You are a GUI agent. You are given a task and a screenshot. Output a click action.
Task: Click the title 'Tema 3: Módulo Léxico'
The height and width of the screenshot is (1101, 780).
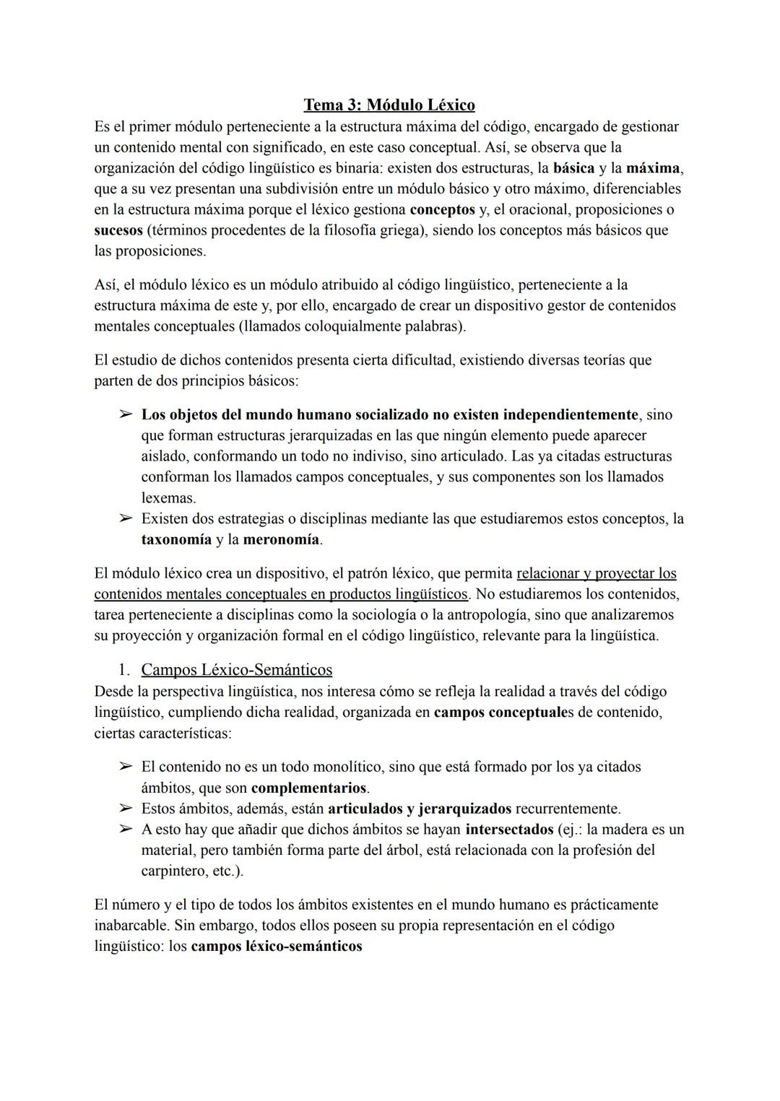point(389,105)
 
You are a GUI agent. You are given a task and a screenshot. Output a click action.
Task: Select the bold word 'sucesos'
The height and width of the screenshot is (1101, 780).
point(118,230)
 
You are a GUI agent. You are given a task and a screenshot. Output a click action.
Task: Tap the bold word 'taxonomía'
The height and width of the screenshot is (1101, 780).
point(176,539)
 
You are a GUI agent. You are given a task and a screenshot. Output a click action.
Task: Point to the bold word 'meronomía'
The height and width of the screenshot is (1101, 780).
point(281,539)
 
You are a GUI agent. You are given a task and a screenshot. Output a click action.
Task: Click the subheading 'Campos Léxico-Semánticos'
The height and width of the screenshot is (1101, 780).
point(236,669)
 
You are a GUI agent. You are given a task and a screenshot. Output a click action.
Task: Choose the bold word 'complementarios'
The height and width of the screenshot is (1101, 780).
point(309,788)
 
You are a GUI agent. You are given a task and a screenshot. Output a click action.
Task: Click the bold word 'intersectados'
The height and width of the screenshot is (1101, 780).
point(509,829)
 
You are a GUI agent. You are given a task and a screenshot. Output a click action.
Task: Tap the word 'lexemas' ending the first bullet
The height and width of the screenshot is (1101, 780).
point(167,498)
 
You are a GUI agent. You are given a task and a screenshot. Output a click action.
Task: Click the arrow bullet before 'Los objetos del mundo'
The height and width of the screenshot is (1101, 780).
point(125,415)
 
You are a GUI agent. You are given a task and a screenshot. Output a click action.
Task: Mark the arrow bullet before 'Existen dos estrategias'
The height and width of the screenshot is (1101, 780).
point(125,518)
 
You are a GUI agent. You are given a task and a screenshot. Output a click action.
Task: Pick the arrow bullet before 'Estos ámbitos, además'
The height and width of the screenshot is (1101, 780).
point(125,809)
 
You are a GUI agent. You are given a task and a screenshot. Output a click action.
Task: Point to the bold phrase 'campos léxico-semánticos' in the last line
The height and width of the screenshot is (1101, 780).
point(276,946)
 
